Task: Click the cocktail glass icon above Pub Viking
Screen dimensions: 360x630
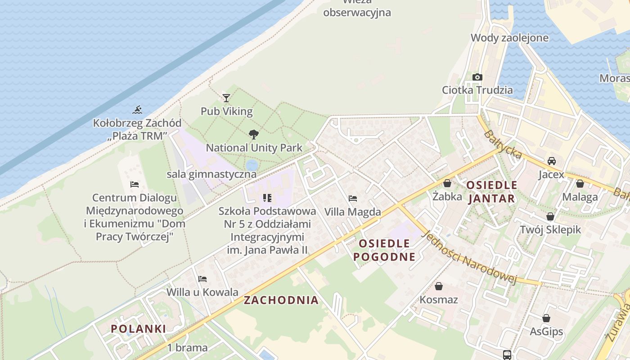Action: point(226,98)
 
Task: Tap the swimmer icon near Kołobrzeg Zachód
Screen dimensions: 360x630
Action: point(137,109)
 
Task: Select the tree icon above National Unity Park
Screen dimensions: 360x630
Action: point(253,134)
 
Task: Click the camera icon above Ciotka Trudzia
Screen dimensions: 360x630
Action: point(477,77)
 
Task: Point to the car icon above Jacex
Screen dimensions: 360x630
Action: point(551,161)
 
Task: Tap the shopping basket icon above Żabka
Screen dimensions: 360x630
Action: point(447,183)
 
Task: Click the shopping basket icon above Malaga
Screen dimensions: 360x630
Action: point(580,184)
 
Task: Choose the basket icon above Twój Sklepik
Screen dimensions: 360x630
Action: point(550,216)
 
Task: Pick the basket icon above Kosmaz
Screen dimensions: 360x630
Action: point(438,286)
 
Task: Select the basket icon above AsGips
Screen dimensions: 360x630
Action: point(546,318)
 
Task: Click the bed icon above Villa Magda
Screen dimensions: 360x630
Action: point(353,198)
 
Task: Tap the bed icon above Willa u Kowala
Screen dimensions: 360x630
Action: point(202,279)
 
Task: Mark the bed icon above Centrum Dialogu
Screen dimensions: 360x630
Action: point(134,184)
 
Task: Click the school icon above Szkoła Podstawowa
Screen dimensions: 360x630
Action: point(267,198)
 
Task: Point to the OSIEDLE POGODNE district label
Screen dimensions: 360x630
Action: point(384,250)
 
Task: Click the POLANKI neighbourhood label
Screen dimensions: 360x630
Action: point(138,328)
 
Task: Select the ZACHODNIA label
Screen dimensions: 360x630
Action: point(281,300)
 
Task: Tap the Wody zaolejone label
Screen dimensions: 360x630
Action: point(509,38)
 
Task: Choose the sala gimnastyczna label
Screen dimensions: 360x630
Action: point(211,174)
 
